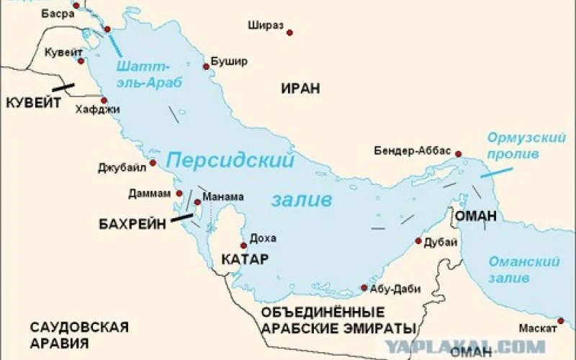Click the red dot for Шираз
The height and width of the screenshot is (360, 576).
(289, 32)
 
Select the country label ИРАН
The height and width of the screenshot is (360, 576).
(300, 88)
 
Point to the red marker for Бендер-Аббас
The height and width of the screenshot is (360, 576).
(458, 153)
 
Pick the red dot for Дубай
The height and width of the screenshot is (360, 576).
(418, 241)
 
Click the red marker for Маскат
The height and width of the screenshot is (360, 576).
(562, 318)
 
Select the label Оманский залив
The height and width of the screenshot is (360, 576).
(514, 269)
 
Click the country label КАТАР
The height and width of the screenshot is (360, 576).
(245, 258)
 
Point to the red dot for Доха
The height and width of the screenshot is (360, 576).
(243, 246)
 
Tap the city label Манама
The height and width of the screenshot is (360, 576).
(223, 197)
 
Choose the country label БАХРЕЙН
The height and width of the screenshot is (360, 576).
(132, 224)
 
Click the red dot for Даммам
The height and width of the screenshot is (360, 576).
(178, 194)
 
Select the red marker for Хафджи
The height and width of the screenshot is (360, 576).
(104, 100)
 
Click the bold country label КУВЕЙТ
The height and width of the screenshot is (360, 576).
(33, 103)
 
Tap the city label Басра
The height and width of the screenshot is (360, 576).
(58, 13)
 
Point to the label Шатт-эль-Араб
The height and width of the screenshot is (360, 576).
(149, 75)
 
